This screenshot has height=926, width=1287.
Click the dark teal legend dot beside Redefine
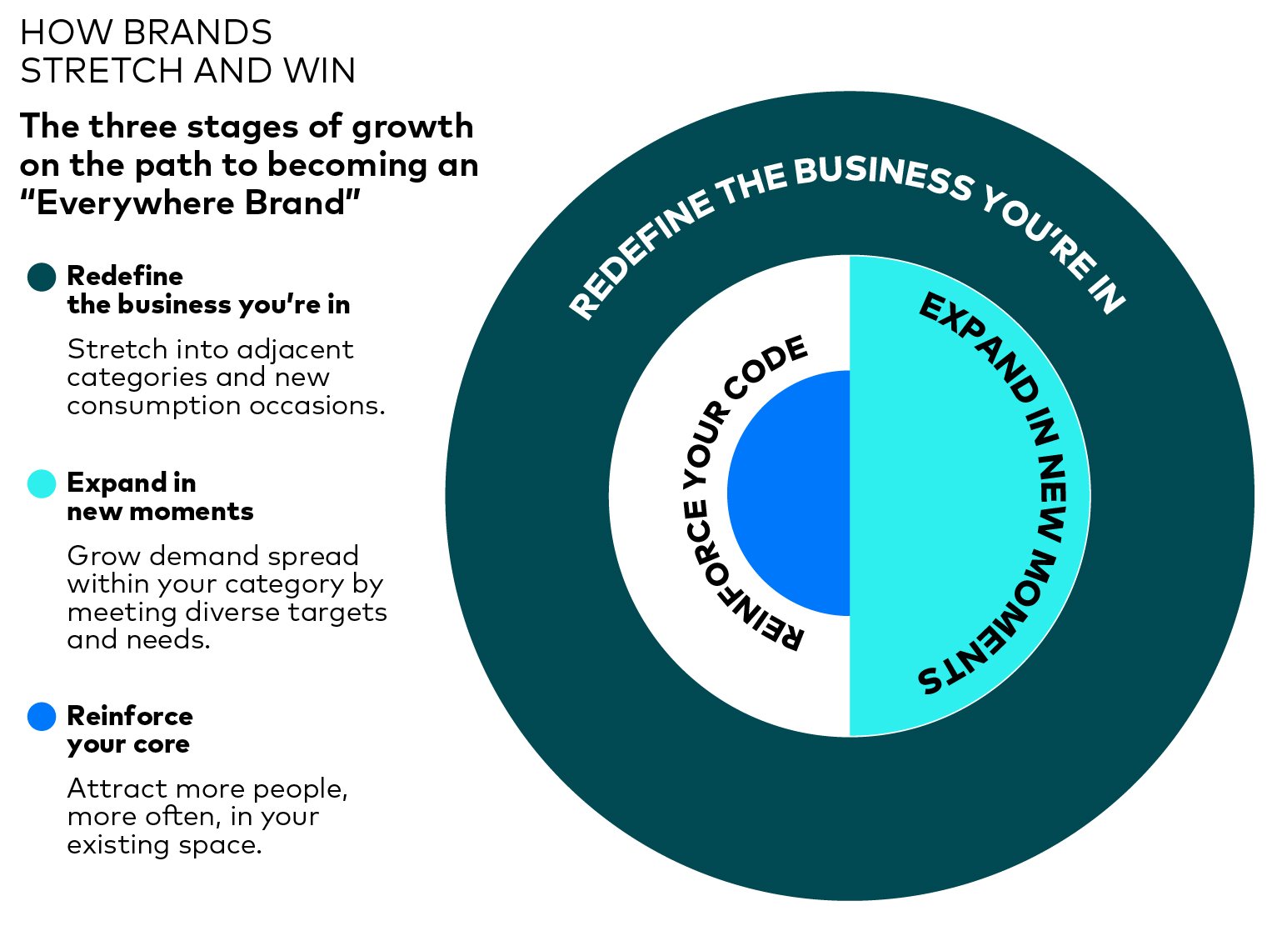[x=42, y=277]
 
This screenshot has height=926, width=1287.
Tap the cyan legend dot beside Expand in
[x=42, y=483]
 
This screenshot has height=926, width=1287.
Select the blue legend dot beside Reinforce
[x=42, y=717]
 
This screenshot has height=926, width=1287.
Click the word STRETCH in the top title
[x=102, y=71]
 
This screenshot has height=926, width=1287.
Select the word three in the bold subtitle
[x=133, y=127]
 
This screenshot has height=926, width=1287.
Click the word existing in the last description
[x=118, y=845]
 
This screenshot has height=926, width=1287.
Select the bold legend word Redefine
[x=125, y=277]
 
